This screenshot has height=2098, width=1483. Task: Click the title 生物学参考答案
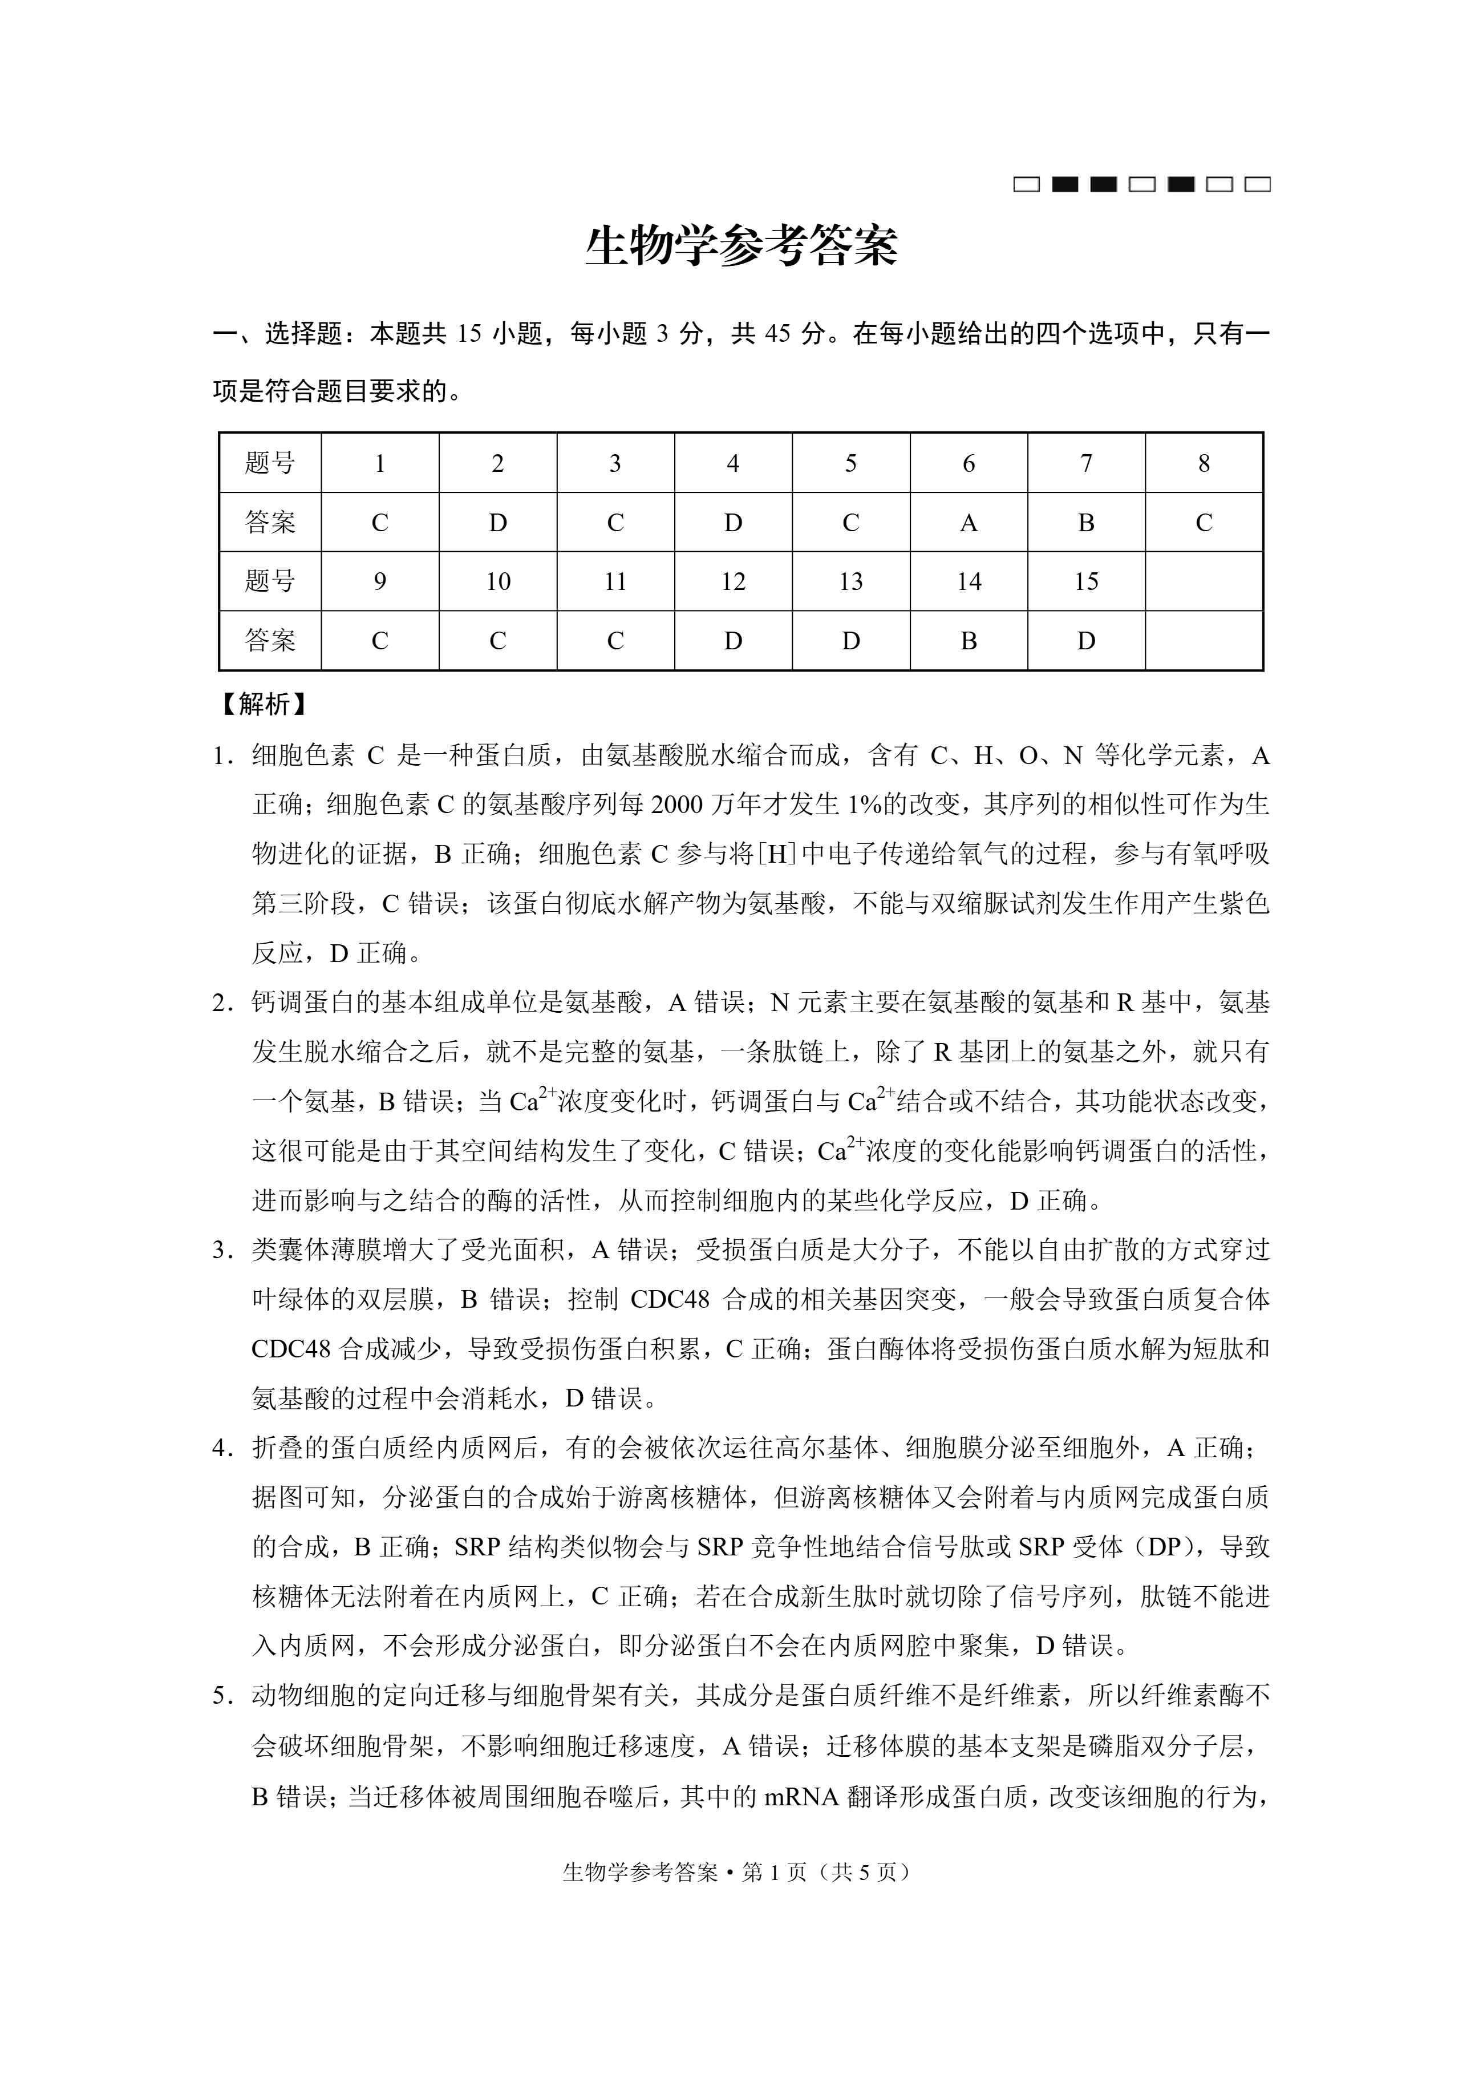click(x=741, y=246)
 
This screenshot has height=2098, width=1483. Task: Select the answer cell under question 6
click(x=969, y=523)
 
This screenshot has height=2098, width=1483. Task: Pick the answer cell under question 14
click(x=969, y=641)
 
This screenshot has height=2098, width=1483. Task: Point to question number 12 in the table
click(x=733, y=582)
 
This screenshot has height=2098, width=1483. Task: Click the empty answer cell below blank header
click(x=1204, y=641)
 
